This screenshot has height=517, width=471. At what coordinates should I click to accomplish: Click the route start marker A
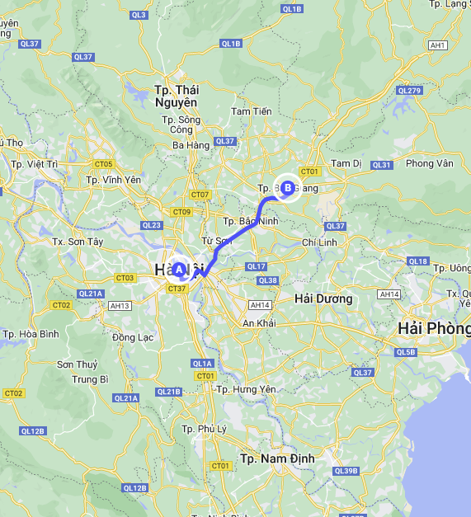click(177, 269)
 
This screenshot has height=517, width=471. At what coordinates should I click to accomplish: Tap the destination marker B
click(288, 189)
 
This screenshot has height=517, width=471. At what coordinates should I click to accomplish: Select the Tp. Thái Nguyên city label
click(177, 96)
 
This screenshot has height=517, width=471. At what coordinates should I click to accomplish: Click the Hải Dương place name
click(323, 298)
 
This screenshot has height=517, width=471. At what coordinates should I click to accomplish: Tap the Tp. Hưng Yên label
click(243, 388)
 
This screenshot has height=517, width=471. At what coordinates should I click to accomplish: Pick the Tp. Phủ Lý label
click(205, 429)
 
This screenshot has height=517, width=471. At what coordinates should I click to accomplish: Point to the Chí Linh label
click(319, 242)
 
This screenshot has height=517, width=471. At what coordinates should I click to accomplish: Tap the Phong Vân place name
click(430, 163)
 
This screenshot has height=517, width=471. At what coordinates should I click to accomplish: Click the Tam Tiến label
click(252, 111)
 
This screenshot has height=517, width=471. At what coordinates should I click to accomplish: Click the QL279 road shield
click(409, 90)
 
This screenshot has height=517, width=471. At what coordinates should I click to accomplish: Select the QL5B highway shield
click(405, 352)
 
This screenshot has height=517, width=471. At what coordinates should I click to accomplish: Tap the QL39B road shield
click(346, 471)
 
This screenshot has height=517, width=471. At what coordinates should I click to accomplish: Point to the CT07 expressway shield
click(200, 195)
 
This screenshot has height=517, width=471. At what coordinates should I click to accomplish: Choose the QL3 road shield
click(139, 15)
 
